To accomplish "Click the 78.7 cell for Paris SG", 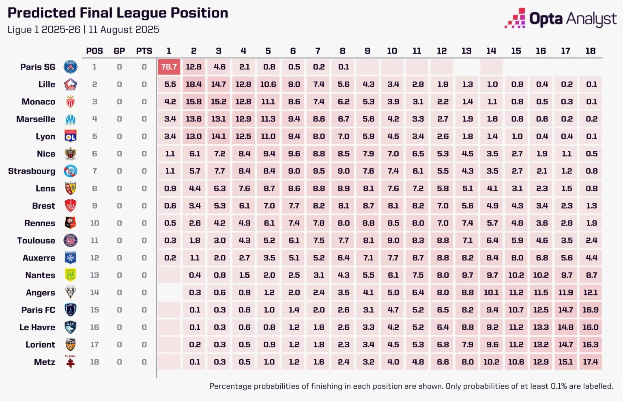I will tap(169, 67).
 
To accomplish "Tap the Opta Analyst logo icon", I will tap(515, 19).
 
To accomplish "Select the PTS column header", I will tap(144, 51).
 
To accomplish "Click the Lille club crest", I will tap(71, 85).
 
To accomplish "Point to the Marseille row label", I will tap(36, 119).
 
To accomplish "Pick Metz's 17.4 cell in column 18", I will tap(591, 362).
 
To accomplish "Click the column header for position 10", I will tap(392, 51).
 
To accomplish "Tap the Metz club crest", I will tap(71, 362).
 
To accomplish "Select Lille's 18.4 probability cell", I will tap(194, 85).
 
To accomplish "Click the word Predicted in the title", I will tap(42, 13).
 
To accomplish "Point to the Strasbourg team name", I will tap(32, 171).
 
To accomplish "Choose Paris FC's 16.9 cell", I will tap(591, 310).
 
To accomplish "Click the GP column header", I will tap(119, 51).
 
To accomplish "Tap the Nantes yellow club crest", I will tap(71, 275).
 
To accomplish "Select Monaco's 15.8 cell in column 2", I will tap(194, 102).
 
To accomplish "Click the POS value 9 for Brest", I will tap(95, 206).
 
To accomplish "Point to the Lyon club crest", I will tap(71, 136).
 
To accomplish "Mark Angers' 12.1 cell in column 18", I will tap(591, 293).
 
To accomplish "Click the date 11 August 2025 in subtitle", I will tap(124, 30).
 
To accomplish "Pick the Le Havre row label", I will tap(37, 327).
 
